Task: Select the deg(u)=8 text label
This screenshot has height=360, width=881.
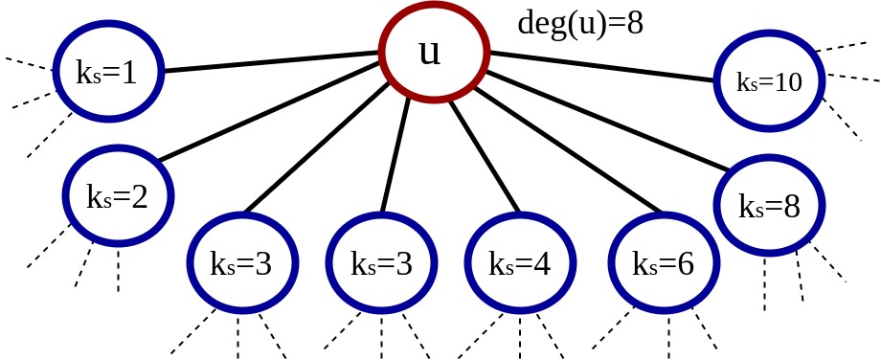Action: pos(580,22)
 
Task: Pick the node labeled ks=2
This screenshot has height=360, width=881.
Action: pos(117,197)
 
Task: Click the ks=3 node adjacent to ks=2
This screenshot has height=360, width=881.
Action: pos(240,264)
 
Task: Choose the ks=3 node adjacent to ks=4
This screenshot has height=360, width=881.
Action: pos(381,264)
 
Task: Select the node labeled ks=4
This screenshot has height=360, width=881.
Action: pos(520,264)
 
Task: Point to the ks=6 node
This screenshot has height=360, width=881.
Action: pos(662,264)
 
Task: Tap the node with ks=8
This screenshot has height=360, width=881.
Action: pos(768,205)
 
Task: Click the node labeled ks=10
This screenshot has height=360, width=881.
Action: pos(769,82)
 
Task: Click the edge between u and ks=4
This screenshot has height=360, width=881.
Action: pos(484,153)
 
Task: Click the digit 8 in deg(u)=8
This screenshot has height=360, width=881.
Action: pos(633,22)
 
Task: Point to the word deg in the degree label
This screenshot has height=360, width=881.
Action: pos(536,22)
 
